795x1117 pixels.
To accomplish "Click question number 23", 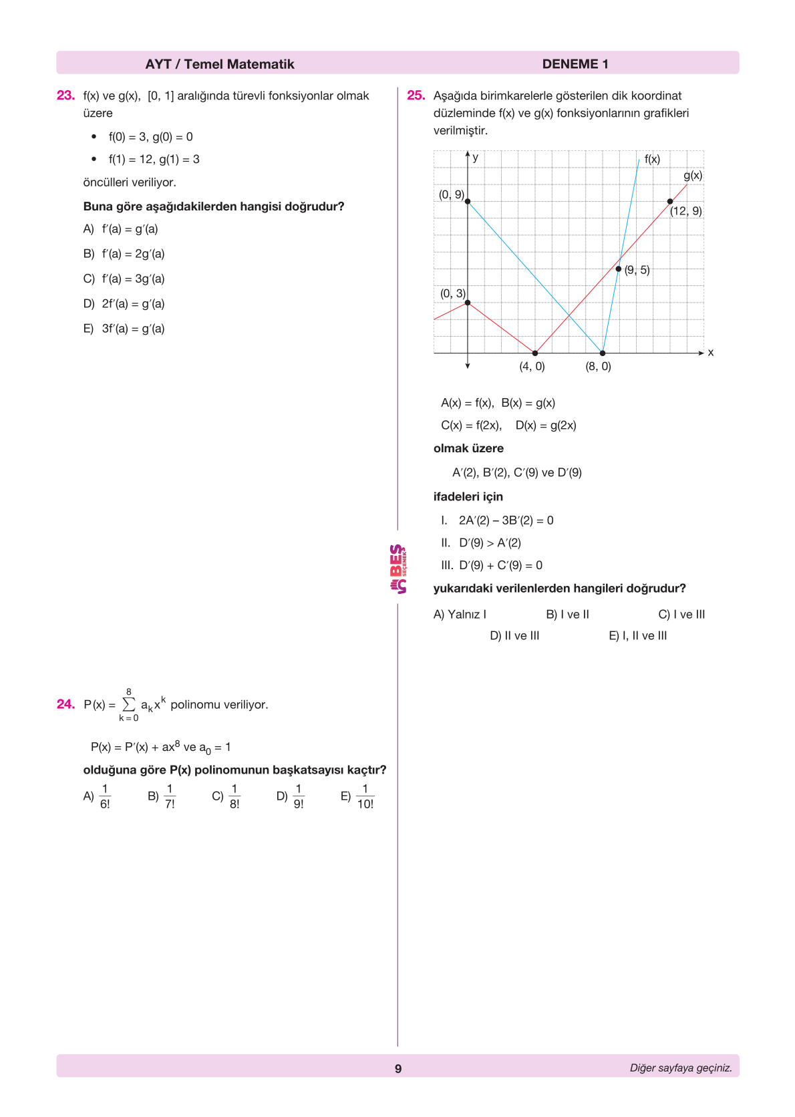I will pyautogui.click(x=65, y=96).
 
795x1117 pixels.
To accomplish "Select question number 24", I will pyautogui.click(x=65, y=704).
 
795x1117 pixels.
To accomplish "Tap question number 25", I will pyautogui.click(x=416, y=96).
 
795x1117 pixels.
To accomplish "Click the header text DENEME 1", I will pyautogui.click(x=575, y=64).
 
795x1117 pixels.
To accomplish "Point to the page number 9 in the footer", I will pyautogui.click(x=398, y=1068).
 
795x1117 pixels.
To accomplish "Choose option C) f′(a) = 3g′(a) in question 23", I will pyautogui.click(x=124, y=279).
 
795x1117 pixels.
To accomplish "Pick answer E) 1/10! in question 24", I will pyautogui.click(x=358, y=796).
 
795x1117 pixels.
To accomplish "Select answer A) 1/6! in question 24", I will pyautogui.click(x=98, y=796).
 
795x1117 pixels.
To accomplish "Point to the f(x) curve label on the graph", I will pyautogui.click(x=652, y=159).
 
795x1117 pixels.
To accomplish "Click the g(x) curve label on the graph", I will pyautogui.click(x=693, y=175).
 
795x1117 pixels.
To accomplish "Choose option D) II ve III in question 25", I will pyautogui.click(x=514, y=636).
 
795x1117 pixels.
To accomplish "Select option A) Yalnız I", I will pyautogui.click(x=460, y=615).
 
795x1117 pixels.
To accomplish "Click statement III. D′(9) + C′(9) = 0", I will pyautogui.click(x=492, y=565).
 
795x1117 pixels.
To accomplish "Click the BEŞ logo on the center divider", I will pyautogui.click(x=398, y=569).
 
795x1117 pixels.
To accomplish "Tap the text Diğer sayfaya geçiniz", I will pyautogui.click(x=680, y=1068).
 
